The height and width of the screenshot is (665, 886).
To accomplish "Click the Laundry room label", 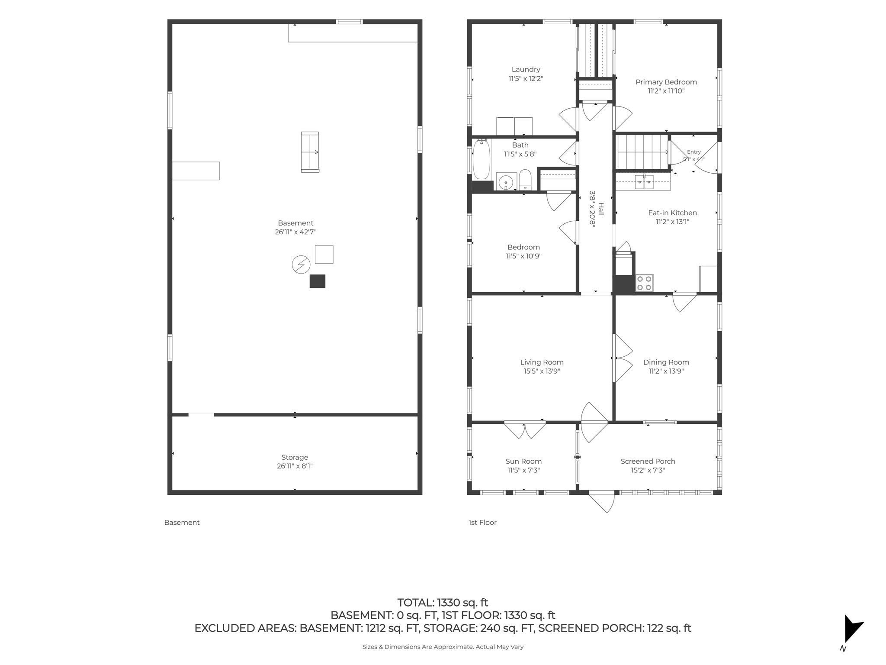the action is tap(526, 69).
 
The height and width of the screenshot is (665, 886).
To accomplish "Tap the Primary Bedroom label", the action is tap(666, 82).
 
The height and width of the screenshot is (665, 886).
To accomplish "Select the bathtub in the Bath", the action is tap(481, 159).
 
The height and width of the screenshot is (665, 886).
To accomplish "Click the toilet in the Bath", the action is tap(525, 179).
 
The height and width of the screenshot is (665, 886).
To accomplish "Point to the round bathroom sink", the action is tap(505, 183).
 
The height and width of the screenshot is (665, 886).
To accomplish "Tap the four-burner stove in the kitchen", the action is tap(644, 283).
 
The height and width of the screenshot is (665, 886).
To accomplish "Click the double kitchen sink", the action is tap(644, 181).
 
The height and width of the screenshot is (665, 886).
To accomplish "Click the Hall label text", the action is tap(600, 211).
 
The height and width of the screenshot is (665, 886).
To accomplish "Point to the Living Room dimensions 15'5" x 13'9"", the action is tap(542, 371).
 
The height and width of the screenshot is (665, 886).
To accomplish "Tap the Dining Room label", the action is tap(666, 362).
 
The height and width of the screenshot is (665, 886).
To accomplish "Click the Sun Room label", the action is tap(523, 462).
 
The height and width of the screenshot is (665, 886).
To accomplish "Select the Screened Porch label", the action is tap(648, 462).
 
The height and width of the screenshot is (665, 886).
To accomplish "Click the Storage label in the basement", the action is tap(295, 457).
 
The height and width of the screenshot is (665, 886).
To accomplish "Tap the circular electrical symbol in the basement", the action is tap(301, 264).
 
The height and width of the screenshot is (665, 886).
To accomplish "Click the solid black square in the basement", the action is tap(317, 281).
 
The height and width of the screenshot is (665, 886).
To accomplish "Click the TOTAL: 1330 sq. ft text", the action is tap(443, 603).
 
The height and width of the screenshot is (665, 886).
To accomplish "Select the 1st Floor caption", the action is tap(482, 523).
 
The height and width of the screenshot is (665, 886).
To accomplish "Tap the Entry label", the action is tap(693, 152).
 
